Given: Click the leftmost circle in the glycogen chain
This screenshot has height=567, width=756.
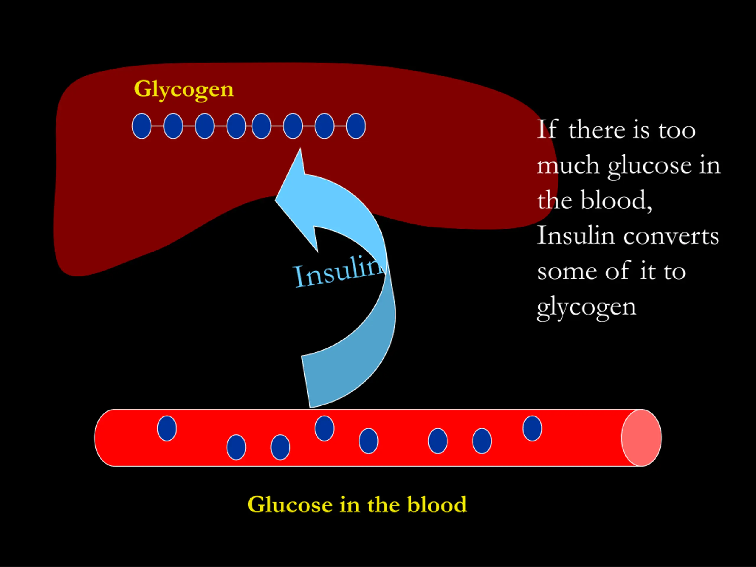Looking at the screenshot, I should point(141,126).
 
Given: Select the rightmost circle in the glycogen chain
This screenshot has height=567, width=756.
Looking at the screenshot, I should point(356,126).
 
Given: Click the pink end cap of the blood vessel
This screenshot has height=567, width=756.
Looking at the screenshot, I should point(641,438).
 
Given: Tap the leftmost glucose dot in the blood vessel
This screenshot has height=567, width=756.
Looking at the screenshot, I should point(167,428).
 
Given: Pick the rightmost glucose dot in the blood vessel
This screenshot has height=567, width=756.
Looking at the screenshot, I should point(532,428).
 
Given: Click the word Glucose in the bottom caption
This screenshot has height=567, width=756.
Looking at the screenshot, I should point(290,504).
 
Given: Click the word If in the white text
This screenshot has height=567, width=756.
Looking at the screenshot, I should point(547,130).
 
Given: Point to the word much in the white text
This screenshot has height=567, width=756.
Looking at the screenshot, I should point(568,165).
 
